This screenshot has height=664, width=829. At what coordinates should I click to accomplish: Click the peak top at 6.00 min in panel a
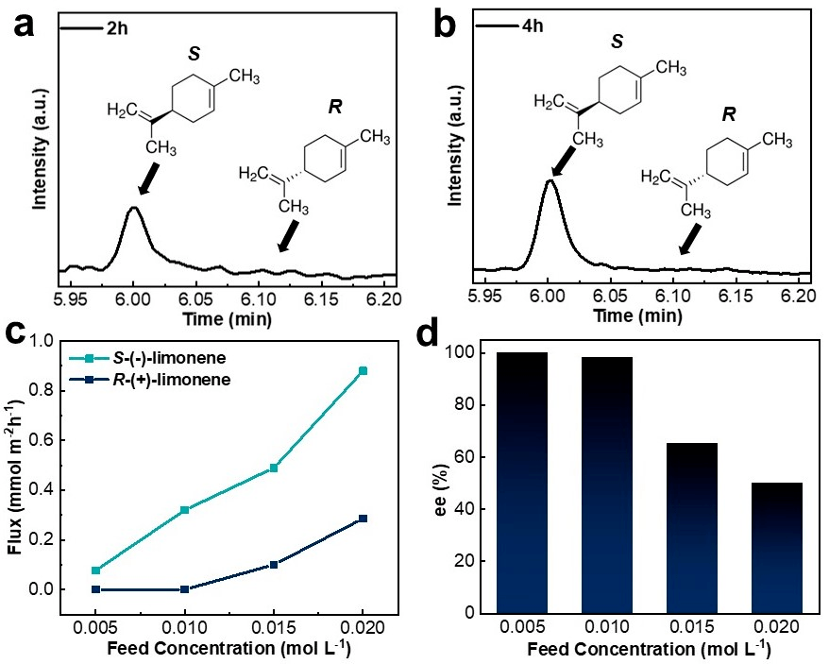click(134, 208)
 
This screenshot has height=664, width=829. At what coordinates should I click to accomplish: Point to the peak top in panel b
click(550, 179)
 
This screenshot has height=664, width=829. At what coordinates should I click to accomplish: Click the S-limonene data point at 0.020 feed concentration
click(363, 371)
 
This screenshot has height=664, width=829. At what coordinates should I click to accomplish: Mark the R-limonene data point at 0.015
click(274, 565)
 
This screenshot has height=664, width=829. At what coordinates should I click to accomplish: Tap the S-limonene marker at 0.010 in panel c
click(184, 510)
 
